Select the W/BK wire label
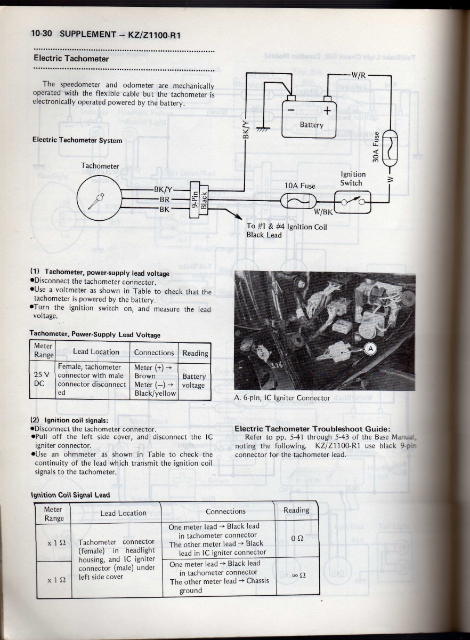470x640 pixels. pos(323,211)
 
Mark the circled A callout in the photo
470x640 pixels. pos(370,349)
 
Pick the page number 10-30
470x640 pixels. pos(41,34)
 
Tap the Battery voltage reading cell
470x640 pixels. pos(193,380)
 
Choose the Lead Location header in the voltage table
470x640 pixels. pos(96,351)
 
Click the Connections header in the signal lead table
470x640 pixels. pos(225,511)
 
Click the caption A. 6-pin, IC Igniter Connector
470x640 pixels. pos(282,398)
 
